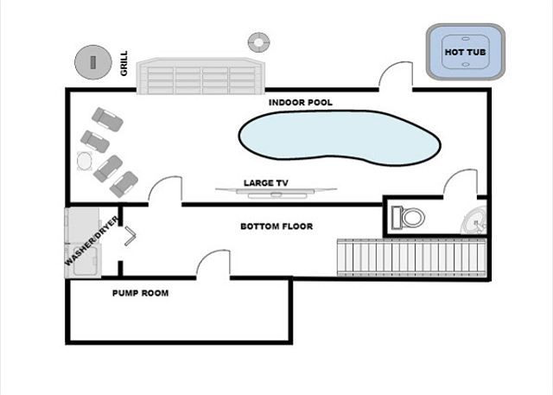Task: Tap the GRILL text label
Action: pos(124,62)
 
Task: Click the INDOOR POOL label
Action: pos(300,102)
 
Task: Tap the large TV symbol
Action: pos(275,193)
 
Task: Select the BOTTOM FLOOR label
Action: pos(276,226)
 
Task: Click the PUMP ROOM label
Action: pos(140,293)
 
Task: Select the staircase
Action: pos(410,258)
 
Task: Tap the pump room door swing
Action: pos(211,264)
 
